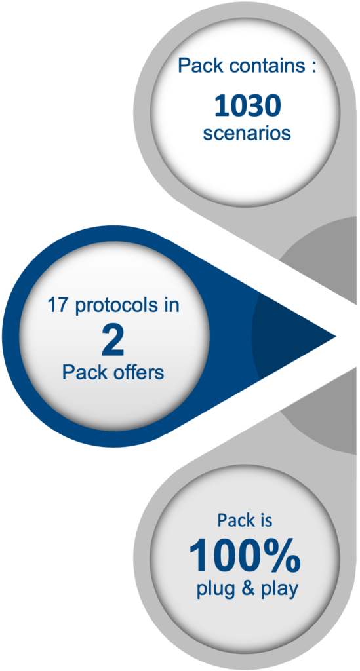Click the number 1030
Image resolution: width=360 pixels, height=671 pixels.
tap(247, 106)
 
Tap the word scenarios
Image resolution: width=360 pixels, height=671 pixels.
tap(247, 134)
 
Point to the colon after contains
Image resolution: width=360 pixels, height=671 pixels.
tap(314, 68)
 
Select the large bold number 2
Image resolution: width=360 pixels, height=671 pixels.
tap(113, 341)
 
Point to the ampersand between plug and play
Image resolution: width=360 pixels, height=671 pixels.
tap(245, 589)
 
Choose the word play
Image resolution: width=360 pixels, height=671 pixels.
tap(277, 591)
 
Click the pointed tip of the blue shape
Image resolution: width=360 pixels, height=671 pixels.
tap(336, 337)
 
